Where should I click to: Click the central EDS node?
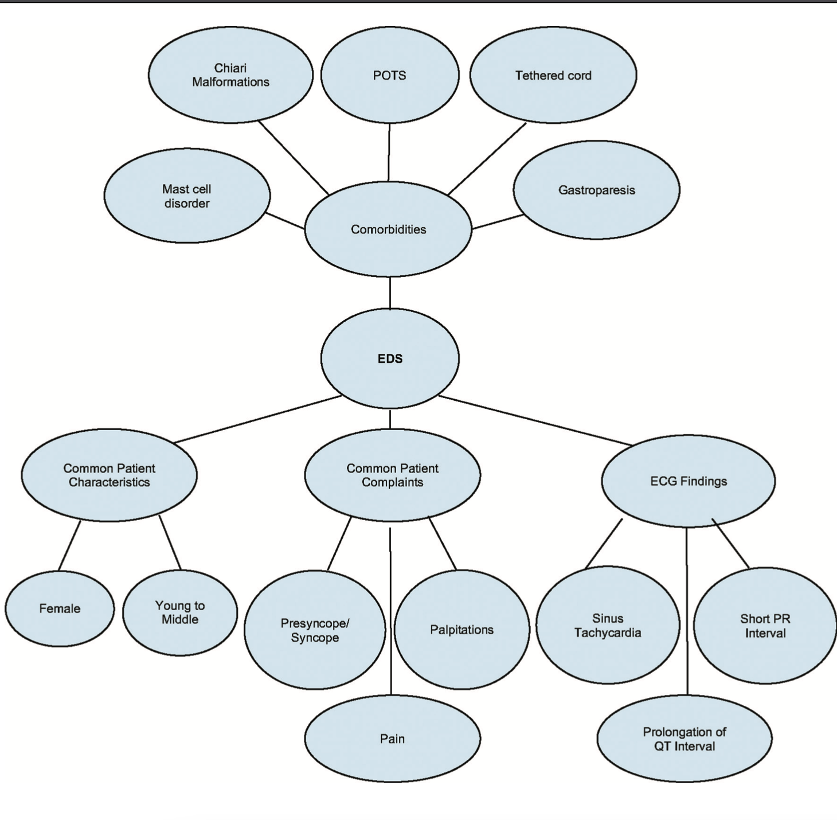click(390, 358)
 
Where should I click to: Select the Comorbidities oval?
click(388, 229)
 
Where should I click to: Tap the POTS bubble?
click(389, 75)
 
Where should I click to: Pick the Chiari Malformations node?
click(230, 75)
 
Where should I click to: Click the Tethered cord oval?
click(553, 75)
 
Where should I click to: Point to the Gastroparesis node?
click(596, 190)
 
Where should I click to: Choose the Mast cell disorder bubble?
click(187, 196)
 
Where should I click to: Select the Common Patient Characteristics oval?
click(109, 475)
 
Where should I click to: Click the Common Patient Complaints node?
click(392, 475)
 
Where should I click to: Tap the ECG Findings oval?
click(688, 481)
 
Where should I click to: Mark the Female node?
click(60, 608)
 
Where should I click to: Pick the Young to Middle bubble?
click(180, 612)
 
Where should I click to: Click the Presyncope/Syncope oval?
click(315, 630)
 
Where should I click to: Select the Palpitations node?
click(461, 630)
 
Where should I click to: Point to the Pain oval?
click(392, 739)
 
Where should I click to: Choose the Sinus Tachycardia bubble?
click(608, 626)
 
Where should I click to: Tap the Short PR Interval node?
click(765, 626)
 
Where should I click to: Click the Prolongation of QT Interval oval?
click(684, 739)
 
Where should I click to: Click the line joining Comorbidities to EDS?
click(390, 292)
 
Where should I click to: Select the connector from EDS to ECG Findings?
click(536, 420)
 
